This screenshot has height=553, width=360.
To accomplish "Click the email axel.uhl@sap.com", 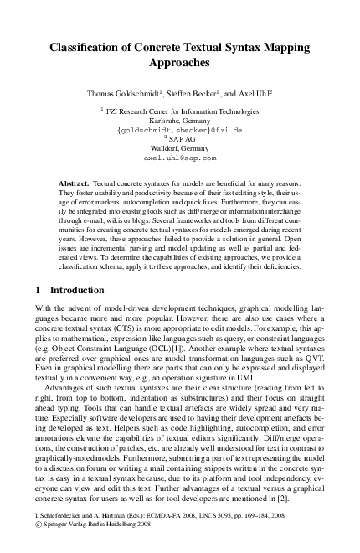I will tap(180, 157).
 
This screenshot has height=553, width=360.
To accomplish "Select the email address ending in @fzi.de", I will tap(180, 130).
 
